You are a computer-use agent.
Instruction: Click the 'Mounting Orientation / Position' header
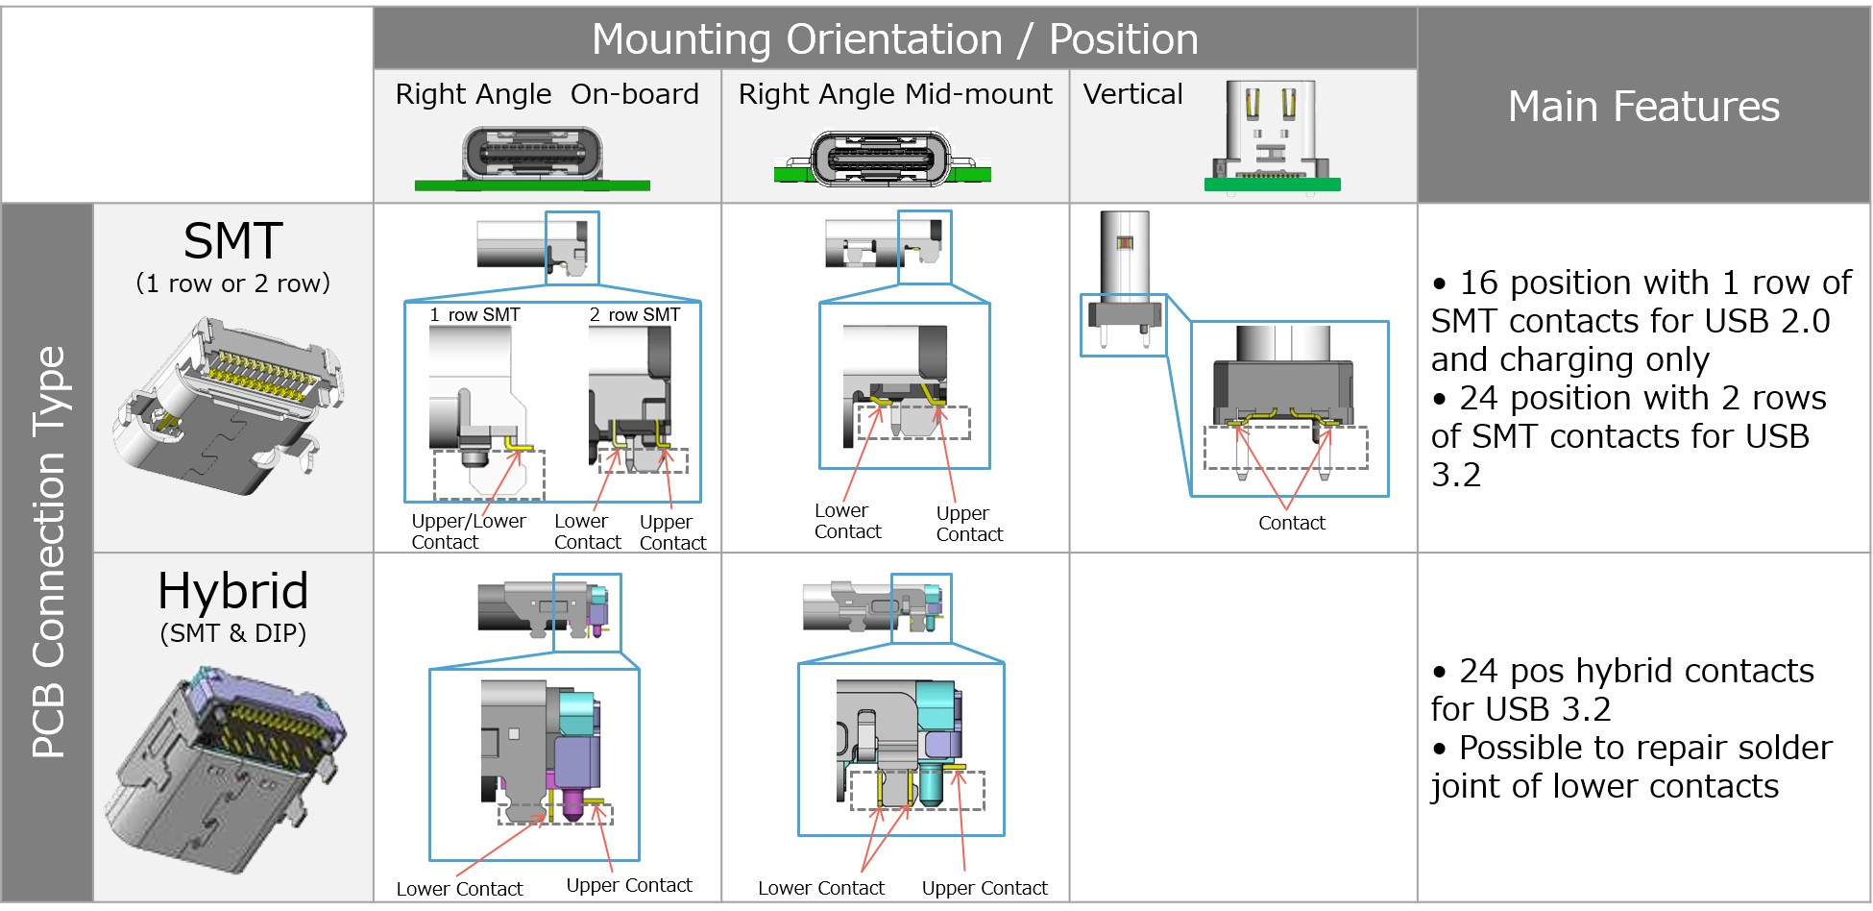click(894, 39)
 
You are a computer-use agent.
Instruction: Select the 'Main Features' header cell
click(1643, 106)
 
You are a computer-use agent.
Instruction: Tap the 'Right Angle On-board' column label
click(547, 94)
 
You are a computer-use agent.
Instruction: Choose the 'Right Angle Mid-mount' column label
click(895, 94)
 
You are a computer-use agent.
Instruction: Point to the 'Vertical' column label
click(1132, 94)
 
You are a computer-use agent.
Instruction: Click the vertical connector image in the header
click(1272, 136)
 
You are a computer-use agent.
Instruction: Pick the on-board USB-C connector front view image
click(532, 158)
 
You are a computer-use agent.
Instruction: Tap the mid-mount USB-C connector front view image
click(882, 159)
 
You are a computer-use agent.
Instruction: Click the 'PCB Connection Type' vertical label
click(48, 552)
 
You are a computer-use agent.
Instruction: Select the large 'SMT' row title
click(232, 241)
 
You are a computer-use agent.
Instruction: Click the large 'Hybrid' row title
click(232, 590)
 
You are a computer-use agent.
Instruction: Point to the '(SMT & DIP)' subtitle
click(232, 633)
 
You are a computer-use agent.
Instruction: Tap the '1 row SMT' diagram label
click(474, 315)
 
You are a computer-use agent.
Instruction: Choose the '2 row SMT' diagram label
click(634, 315)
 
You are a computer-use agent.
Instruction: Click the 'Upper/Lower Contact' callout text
click(469, 531)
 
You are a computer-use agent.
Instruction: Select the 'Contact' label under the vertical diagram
click(1292, 523)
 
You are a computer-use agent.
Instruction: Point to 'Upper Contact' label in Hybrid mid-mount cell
click(985, 888)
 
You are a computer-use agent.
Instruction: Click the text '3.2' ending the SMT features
click(1455, 475)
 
